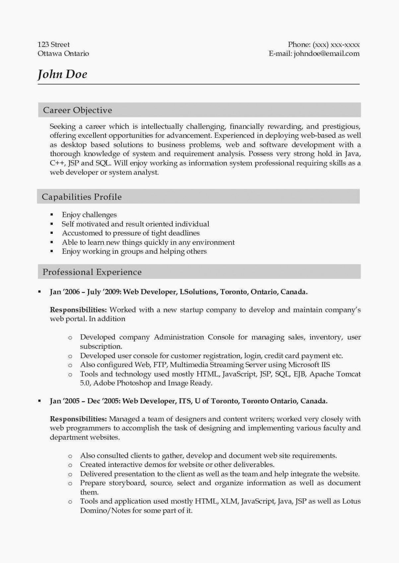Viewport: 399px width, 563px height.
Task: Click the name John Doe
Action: click(62, 74)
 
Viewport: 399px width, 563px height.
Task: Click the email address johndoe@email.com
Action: click(326, 54)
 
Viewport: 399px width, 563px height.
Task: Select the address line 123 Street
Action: click(54, 44)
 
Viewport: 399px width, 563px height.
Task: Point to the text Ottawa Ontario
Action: click(63, 54)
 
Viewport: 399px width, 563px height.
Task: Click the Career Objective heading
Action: click(78, 110)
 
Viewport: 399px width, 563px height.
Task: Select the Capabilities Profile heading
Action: click(82, 197)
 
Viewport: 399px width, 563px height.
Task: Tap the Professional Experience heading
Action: click(92, 272)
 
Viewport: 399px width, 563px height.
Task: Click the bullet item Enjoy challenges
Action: click(89, 215)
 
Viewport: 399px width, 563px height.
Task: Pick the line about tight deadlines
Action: click(131, 233)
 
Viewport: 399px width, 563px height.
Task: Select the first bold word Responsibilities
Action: click(78, 310)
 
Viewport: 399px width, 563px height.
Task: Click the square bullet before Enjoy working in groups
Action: click(52, 251)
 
